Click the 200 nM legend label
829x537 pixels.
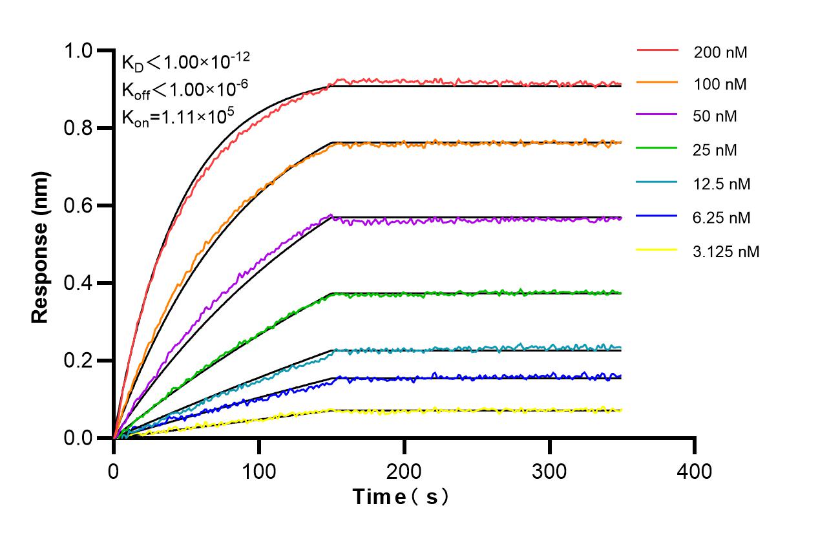click(720, 52)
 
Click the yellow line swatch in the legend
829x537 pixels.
click(657, 250)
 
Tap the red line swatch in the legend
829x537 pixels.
click(657, 50)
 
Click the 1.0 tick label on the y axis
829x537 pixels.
click(82, 50)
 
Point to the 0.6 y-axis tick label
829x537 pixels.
click(82, 205)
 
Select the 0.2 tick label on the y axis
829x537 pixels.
click(82, 361)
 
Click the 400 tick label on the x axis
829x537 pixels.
click(695, 472)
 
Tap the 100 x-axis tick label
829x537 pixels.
click(259, 472)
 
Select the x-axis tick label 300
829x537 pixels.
click(549, 472)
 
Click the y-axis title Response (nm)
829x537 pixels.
click(41, 247)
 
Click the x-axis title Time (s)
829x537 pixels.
click(401, 497)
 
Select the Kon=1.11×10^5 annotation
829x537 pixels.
click(177, 117)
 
